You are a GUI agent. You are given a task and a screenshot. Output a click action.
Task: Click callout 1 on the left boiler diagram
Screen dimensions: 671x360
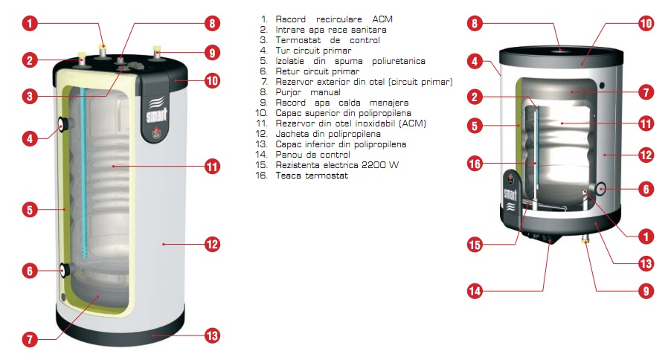tap(30, 23)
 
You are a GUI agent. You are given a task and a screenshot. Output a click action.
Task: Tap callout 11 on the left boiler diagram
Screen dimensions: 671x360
tap(212, 166)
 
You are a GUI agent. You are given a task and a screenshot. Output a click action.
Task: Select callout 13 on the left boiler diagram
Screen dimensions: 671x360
tap(212, 335)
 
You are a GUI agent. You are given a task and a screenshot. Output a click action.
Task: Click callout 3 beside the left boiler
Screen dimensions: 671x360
tap(30, 96)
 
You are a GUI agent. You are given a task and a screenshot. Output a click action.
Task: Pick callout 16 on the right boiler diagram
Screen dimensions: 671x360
tap(475, 164)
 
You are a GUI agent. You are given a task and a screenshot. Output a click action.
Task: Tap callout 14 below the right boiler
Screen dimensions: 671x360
tap(475, 292)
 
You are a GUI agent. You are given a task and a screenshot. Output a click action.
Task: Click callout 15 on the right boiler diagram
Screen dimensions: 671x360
tap(475, 245)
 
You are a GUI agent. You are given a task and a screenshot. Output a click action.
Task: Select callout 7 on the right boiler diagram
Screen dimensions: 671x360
tap(646, 92)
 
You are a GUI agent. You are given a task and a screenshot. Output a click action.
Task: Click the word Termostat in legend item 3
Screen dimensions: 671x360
tap(298, 40)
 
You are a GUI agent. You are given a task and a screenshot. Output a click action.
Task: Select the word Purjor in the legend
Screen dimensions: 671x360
tap(289, 92)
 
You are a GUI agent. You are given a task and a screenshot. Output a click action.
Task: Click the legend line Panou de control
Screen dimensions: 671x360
tap(313, 155)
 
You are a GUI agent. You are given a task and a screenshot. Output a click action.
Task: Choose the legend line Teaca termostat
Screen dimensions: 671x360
tap(312, 176)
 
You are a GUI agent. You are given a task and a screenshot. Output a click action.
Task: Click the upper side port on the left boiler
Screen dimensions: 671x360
tap(64, 124)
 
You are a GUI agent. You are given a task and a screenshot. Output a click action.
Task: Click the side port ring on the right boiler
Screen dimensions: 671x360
tap(601, 188)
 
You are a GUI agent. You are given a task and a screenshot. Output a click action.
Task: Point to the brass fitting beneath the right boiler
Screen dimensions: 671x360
tap(585, 240)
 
